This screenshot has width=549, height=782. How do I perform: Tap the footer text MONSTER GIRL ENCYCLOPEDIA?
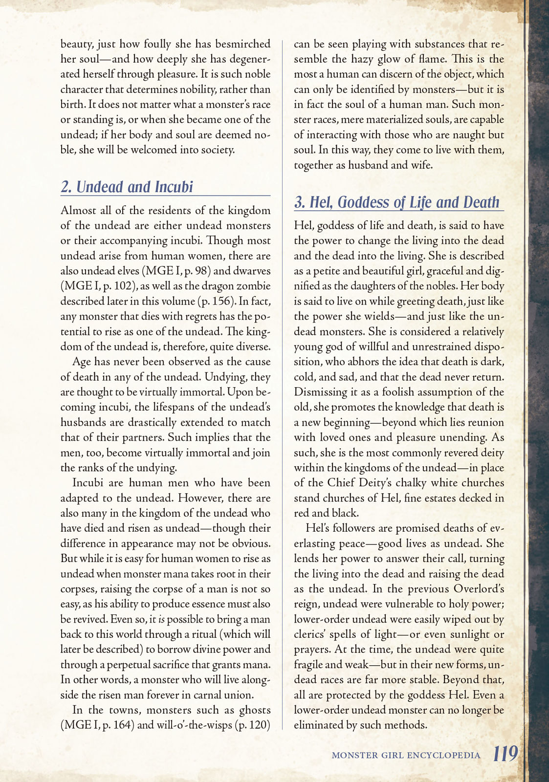406,755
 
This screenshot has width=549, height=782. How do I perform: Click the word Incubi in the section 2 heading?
174,187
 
